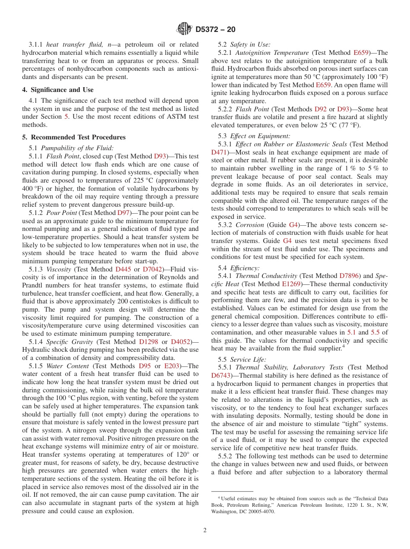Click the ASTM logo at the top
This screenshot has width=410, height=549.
click(x=185, y=29)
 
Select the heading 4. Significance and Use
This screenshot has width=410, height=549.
click(x=58, y=90)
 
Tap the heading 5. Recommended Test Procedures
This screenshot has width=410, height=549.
click(x=74, y=137)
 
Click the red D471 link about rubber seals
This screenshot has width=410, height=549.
click(x=219, y=152)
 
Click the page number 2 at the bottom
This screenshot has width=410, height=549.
click(x=205, y=530)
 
